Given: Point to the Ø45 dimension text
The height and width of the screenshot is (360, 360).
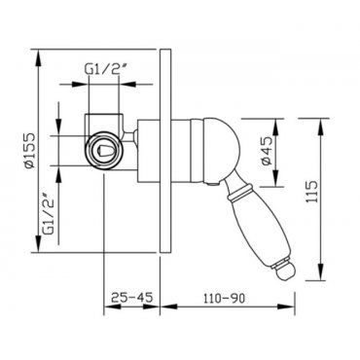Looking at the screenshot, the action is [x=267, y=151].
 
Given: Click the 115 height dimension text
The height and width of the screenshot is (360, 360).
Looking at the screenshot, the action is [x=311, y=192].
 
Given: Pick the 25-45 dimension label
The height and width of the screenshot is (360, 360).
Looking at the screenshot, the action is [x=131, y=297].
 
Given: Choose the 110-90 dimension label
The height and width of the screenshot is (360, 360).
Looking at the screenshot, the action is [x=224, y=298].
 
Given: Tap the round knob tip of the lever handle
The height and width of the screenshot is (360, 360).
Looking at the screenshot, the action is [x=284, y=270].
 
